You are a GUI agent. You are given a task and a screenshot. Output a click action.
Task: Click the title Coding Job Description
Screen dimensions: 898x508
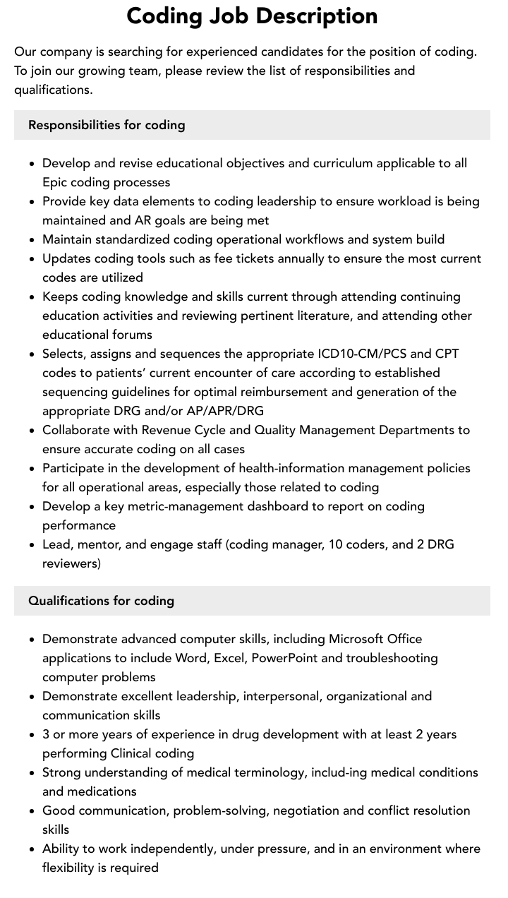tap(252, 16)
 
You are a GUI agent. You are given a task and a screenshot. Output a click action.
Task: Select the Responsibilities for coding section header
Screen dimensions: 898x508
tap(107, 125)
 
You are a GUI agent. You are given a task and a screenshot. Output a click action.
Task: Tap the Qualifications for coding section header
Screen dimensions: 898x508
tap(101, 601)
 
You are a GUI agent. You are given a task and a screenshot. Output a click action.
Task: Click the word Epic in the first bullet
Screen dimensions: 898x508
tap(55, 182)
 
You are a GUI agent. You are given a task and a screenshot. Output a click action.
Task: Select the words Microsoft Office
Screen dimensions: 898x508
tap(375, 639)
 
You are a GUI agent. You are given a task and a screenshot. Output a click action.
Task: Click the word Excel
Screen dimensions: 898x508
tap(226, 658)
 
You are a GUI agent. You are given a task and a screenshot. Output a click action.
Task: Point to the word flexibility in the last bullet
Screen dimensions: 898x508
tap(71, 868)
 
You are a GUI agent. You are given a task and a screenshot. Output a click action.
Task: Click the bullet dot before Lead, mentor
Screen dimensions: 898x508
tap(32, 545)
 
